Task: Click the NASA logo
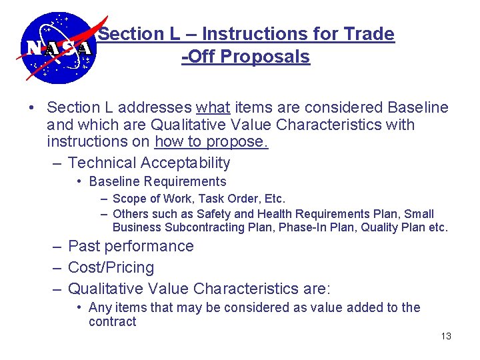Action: (x=56, y=48)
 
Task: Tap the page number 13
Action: (x=446, y=336)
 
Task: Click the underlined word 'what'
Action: (x=213, y=107)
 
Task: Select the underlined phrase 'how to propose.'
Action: (x=211, y=142)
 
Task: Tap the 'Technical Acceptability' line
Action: (x=149, y=163)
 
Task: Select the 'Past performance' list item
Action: (x=131, y=246)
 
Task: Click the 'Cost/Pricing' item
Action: (x=111, y=267)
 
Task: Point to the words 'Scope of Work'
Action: (x=147, y=199)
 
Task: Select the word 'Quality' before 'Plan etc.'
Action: (x=377, y=227)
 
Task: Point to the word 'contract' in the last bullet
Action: (x=112, y=321)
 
